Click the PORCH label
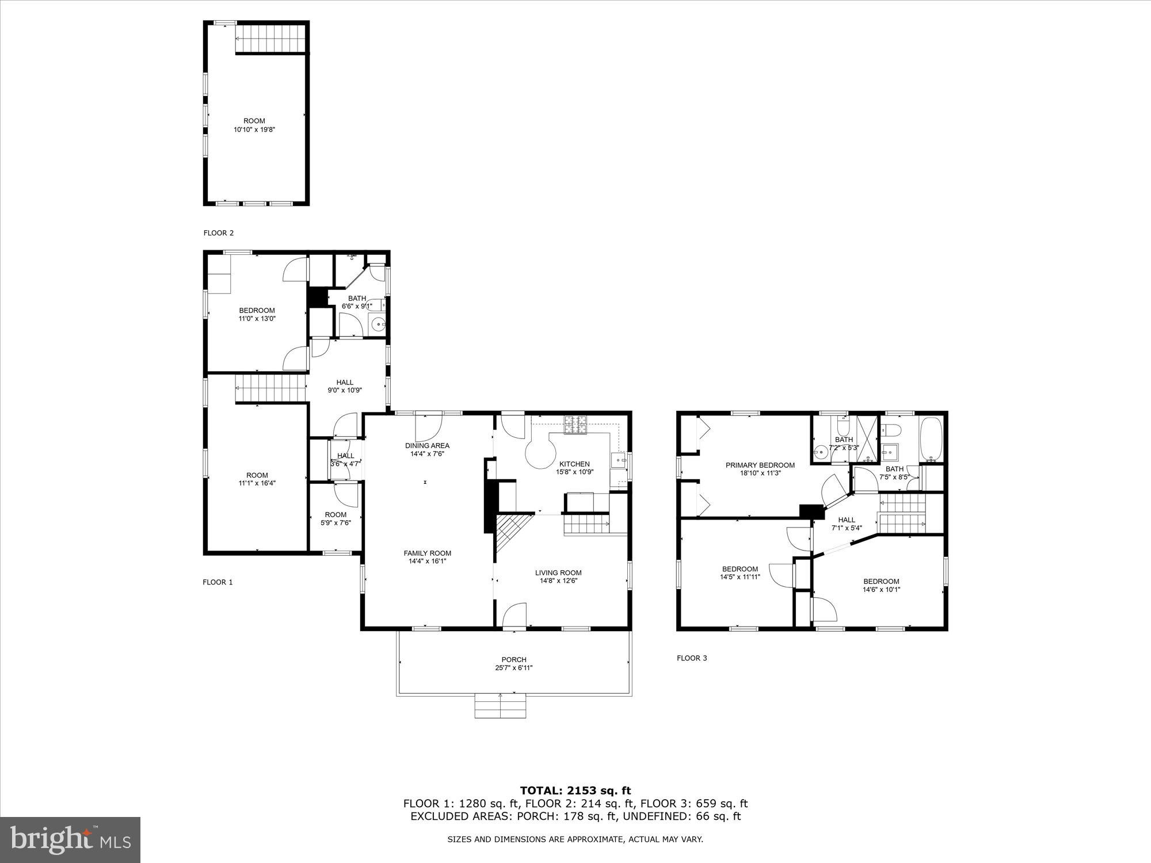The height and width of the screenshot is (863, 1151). [x=514, y=660]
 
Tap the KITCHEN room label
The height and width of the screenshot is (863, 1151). [x=574, y=464]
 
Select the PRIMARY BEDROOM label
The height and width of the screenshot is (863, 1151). [x=760, y=465]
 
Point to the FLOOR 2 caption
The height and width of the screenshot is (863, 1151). [x=219, y=233]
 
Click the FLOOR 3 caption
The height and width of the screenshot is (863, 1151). [x=692, y=658]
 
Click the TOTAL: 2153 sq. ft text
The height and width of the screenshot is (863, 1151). [x=575, y=791]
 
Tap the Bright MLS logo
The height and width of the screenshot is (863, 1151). [x=70, y=840]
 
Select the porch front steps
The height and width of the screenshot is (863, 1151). [x=501, y=707]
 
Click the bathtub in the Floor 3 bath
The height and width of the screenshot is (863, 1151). [x=931, y=440]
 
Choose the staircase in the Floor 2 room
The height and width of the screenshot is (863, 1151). [x=270, y=39]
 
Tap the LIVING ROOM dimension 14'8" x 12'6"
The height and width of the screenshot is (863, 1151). [x=558, y=581]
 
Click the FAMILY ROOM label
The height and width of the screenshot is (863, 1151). [x=427, y=553]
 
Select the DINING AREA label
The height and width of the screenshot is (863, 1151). [x=427, y=445]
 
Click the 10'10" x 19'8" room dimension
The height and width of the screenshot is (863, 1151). [x=254, y=129]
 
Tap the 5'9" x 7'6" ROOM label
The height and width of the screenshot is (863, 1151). [x=336, y=515]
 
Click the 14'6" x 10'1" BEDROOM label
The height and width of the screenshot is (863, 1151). [x=881, y=581]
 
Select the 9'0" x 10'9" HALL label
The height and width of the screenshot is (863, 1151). [x=345, y=383]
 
